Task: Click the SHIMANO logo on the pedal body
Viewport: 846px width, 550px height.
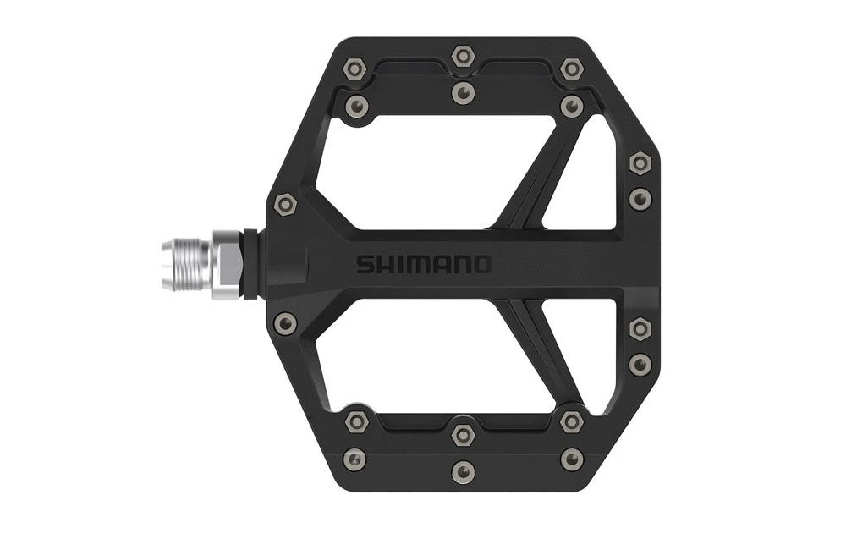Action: click(423, 264)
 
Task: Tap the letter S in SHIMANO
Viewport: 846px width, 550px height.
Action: click(362, 264)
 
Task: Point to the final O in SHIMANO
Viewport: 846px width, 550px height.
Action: click(481, 264)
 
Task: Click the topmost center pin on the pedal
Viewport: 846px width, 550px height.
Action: click(462, 56)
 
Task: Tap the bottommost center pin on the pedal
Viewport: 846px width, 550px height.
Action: click(462, 470)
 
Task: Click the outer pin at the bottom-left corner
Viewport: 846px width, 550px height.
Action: click(352, 459)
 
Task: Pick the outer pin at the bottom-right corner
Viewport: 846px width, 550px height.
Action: click(572, 459)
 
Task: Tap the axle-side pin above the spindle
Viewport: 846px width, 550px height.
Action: click(286, 204)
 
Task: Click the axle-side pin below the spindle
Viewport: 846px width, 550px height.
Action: click(286, 322)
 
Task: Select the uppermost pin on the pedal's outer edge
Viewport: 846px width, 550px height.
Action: click(640, 161)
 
